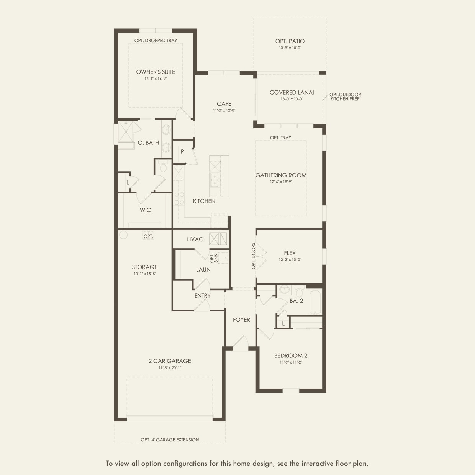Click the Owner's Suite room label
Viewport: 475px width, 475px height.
coord(156,72)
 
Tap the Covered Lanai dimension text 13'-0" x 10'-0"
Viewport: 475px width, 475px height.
coord(292,99)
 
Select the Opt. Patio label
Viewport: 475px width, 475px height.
coord(290,41)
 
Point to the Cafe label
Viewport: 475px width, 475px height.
coord(224,104)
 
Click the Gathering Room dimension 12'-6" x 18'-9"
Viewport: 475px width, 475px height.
coord(281,182)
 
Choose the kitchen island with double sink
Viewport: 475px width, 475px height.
coord(219,176)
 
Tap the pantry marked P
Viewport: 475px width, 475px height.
coord(182,152)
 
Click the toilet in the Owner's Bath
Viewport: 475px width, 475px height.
coord(163,167)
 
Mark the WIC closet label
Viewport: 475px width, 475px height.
coord(145,210)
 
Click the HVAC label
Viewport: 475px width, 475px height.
coord(195,239)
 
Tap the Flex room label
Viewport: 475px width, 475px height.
coord(290,253)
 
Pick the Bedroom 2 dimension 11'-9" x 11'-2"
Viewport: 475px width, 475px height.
coord(290,362)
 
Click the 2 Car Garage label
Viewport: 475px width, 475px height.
coord(170,361)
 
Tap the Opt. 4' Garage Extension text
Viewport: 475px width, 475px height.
coord(170,440)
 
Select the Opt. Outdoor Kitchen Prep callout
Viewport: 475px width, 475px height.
coord(345,97)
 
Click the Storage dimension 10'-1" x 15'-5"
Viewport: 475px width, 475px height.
coord(144,274)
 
